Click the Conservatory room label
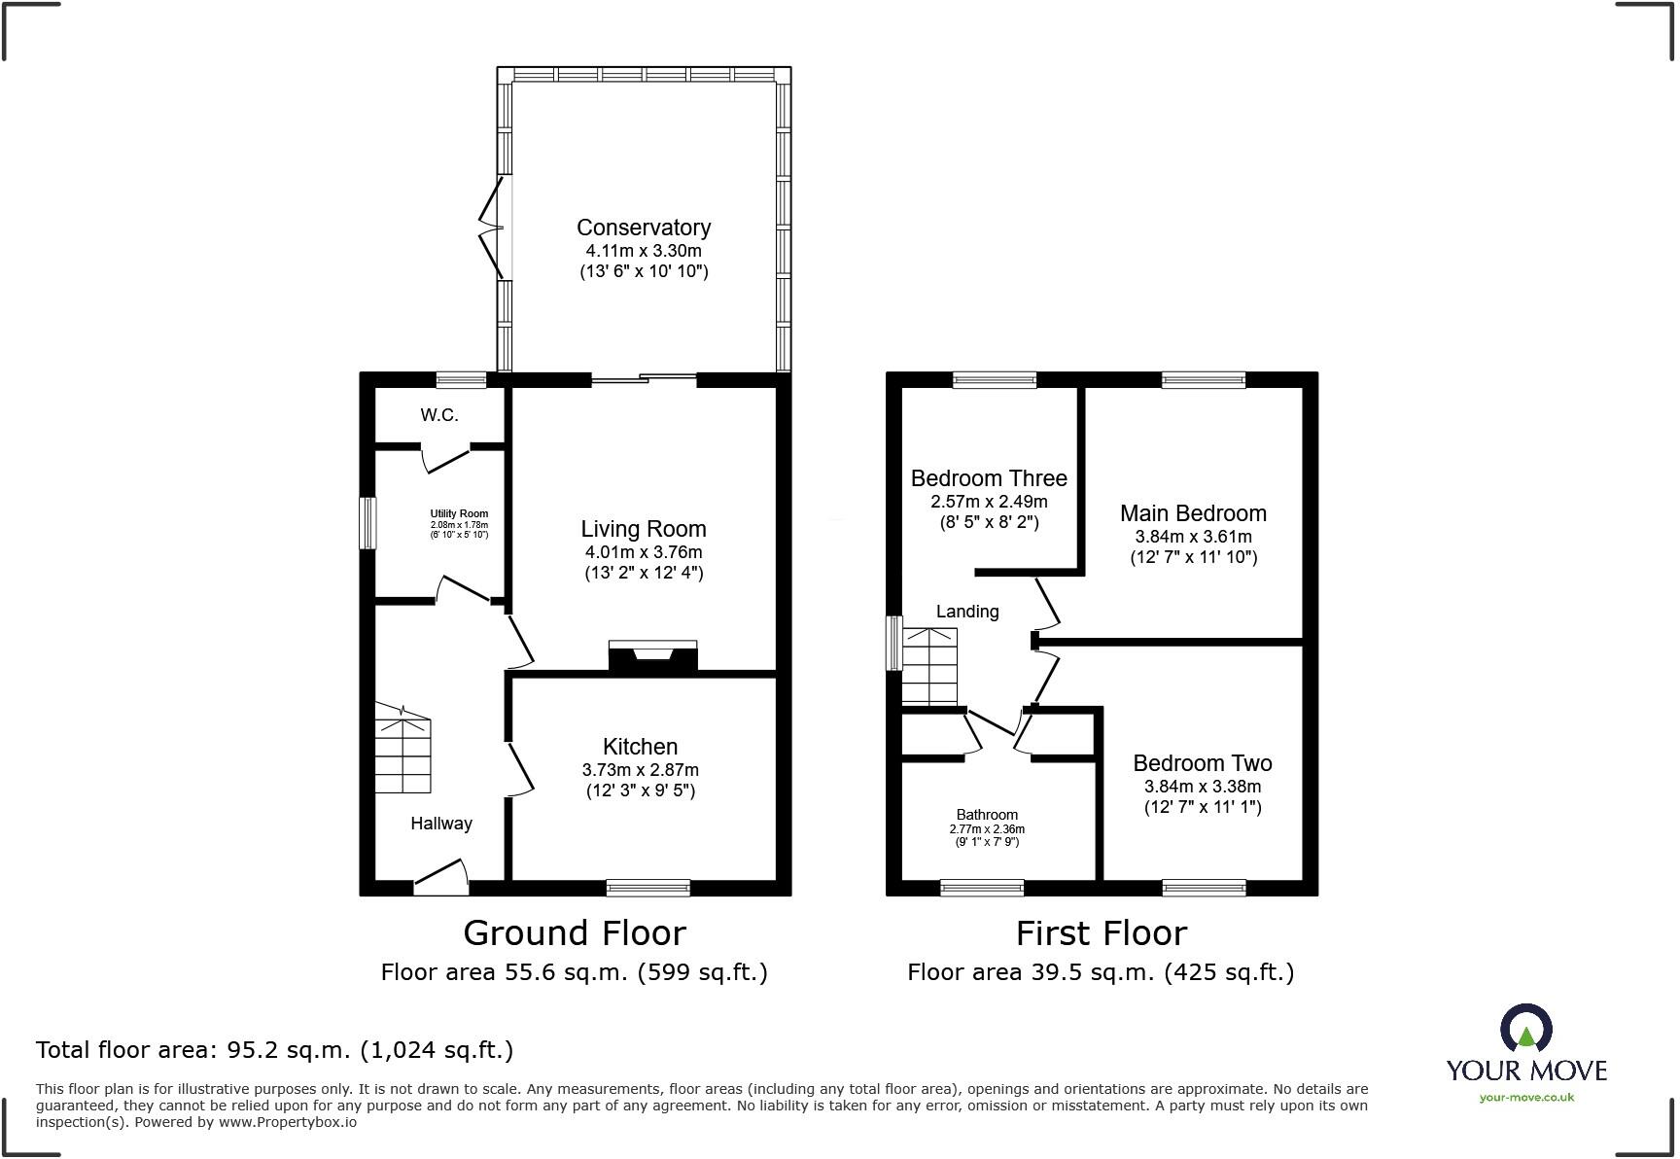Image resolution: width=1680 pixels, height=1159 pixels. (x=644, y=228)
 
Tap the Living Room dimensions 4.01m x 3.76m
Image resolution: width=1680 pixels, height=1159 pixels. (x=644, y=552)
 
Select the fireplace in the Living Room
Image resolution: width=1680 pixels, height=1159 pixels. (x=652, y=657)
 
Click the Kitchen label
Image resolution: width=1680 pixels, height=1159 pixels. (x=640, y=747)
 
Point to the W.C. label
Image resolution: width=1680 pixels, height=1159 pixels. (x=439, y=415)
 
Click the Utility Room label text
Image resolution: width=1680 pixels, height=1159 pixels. (x=459, y=513)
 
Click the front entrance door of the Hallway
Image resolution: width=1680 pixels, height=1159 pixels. (x=440, y=878)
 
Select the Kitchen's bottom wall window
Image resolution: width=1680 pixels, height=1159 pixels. (x=647, y=887)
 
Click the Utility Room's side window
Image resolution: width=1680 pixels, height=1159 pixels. (x=368, y=523)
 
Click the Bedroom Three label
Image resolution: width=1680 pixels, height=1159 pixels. (x=989, y=478)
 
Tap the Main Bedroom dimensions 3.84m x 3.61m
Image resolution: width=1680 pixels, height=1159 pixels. (x=1193, y=537)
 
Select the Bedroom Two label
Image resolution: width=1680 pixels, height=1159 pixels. (x=1202, y=763)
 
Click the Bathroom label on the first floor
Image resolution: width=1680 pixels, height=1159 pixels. (x=987, y=815)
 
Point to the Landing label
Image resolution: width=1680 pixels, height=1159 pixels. (x=967, y=612)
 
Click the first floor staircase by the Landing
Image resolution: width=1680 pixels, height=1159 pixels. (x=929, y=667)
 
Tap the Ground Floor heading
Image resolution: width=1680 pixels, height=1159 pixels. (x=575, y=933)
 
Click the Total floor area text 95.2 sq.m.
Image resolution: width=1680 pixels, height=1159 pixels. (x=274, y=1050)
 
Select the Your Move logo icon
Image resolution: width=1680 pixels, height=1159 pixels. (x=1525, y=1029)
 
